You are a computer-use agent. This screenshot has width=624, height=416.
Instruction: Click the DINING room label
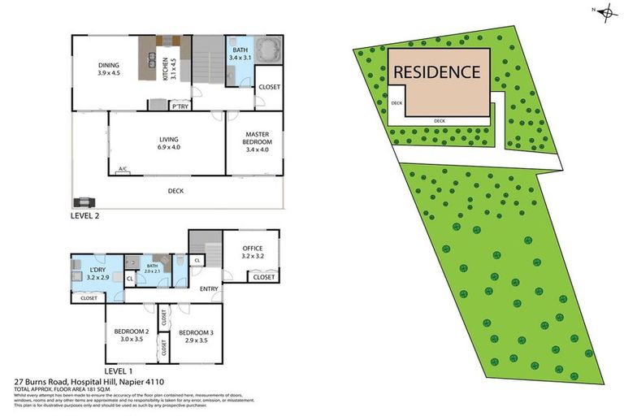tap(109, 64)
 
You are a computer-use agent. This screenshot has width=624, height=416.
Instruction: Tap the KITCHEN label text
tap(165, 61)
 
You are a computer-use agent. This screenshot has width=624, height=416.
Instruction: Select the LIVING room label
tap(168, 139)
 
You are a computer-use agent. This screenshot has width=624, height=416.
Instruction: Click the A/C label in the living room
tap(123, 169)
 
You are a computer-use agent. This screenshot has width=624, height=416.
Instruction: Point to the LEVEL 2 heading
tap(87, 217)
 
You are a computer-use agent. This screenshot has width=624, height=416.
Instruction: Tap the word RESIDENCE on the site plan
tap(437, 71)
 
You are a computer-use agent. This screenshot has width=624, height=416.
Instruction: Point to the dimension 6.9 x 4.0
tap(168, 147)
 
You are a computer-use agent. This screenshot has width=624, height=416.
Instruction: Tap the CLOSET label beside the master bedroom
tap(269, 86)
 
